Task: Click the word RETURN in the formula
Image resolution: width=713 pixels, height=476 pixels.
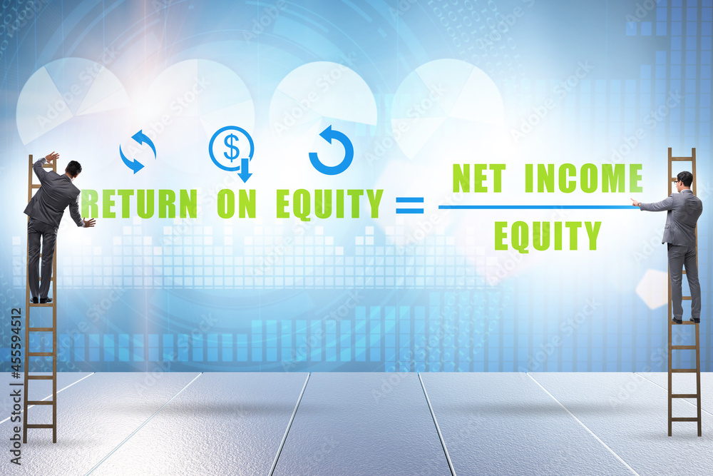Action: (x=139, y=204)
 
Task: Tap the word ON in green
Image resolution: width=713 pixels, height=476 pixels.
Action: (x=237, y=204)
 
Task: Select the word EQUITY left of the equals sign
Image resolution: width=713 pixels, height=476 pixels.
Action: (x=329, y=205)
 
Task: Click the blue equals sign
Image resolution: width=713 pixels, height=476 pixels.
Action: (x=410, y=206)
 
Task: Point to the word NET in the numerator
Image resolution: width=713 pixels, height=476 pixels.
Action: (x=479, y=178)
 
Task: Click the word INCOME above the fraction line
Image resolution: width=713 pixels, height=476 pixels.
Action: (x=584, y=178)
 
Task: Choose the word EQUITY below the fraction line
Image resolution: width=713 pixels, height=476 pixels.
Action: (x=548, y=236)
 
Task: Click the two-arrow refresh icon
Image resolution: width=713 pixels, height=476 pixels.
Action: (x=138, y=151)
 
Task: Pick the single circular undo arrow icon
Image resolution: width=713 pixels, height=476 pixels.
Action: (x=331, y=150)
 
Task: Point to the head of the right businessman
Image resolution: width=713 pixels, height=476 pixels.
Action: (x=684, y=180)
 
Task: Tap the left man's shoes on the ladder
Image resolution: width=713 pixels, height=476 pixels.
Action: (x=41, y=300)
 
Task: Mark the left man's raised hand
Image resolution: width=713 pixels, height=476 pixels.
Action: (x=52, y=156)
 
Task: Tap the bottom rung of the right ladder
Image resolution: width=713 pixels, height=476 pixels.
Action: (x=684, y=419)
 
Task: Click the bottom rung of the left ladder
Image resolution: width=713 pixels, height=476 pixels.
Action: (x=40, y=426)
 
